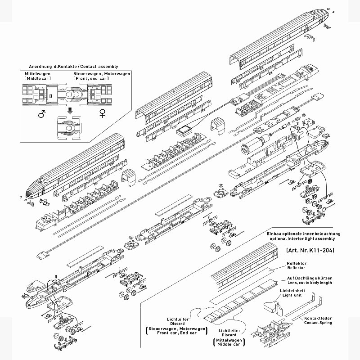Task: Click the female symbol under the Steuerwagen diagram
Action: click(x=103, y=116)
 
